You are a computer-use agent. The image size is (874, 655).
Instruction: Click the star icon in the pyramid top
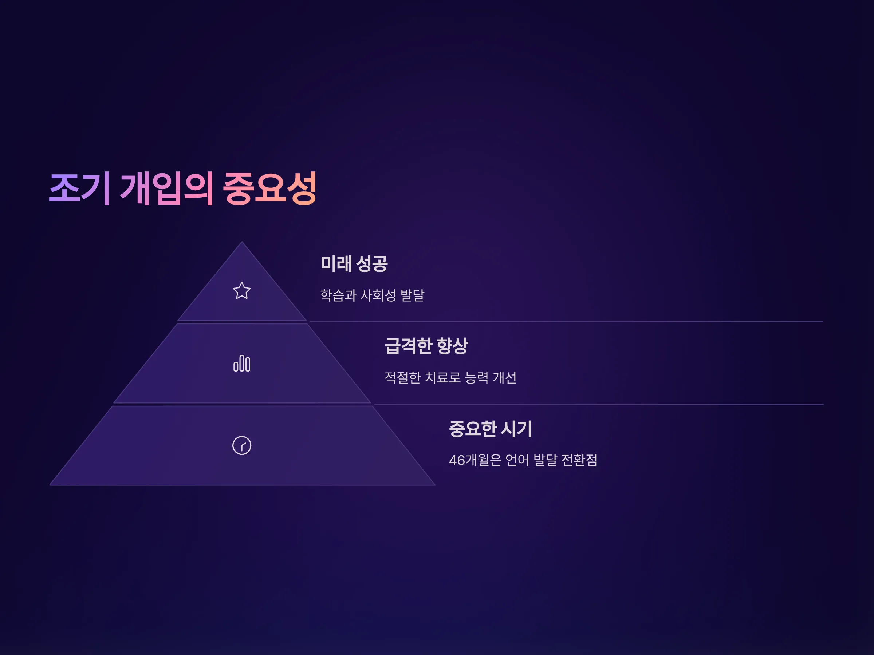click(x=241, y=291)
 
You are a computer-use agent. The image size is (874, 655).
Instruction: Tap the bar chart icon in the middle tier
click(x=241, y=363)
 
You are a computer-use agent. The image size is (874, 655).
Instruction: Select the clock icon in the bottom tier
click(x=241, y=445)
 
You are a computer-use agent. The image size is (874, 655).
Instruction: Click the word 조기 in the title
click(x=79, y=188)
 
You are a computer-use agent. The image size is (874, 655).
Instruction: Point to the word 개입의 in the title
click(x=167, y=188)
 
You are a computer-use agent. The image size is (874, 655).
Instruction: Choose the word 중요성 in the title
click(x=270, y=188)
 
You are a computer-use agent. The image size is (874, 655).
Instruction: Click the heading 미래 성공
click(x=354, y=263)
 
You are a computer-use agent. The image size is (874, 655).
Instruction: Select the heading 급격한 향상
click(x=426, y=346)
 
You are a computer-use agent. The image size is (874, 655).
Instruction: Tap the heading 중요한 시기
click(x=490, y=429)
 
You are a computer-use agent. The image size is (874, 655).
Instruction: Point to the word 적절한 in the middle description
click(x=402, y=377)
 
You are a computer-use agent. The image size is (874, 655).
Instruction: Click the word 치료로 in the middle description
click(x=442, y=377)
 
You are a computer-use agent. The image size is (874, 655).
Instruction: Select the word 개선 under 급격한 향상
click(x=505, y=377)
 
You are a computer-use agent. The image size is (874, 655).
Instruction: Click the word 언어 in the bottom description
click(x=517, y=460)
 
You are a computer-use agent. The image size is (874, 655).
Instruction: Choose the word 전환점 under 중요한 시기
click(x=579, y=460)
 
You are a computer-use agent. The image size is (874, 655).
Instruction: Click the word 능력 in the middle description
click(x=476, y=377)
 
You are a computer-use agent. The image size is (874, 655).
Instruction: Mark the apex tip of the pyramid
click(x=242, y=242)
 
